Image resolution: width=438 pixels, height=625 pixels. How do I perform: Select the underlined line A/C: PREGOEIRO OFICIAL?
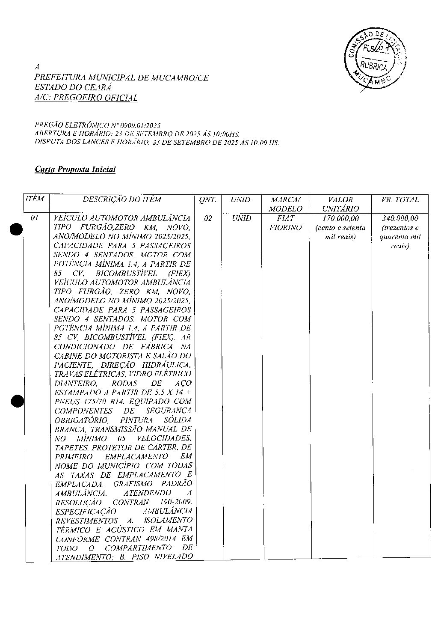pyautogui.click(x=86, y=98)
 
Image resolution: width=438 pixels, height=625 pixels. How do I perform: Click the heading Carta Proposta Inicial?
pyautogui.click(x=75, y=170)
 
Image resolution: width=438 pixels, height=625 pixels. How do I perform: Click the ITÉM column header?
pyautogui.click(x=35, y=199)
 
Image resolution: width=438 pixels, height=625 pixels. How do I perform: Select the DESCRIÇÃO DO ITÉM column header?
pyautogui.click(x=122, y=199)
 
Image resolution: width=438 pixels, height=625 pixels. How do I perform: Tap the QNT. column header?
pyautogui.click(x=208, y=200)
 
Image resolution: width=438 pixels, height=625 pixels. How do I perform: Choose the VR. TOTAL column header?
pyautogui.click(x=400, y=200)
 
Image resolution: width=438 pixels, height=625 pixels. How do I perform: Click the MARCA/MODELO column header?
pyautogui.click(x=285, y=204)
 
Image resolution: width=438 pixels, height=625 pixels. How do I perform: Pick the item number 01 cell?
pyautogui.click(x=35, y=218)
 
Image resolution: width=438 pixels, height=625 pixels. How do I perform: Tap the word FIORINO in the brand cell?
pyautogui.click(x=285, y=228)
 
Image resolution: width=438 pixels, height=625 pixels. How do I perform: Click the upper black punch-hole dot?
pyautogui.click(x=17, y=230)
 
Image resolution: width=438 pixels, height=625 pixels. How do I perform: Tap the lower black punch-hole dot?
pyautogui.click(x=17, y=401)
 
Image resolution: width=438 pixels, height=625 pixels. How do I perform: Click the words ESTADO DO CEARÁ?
pyautogui.click(x=73, y=88)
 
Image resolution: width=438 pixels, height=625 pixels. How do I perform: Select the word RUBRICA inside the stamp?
pyautogui.click(x=373, y=66)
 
